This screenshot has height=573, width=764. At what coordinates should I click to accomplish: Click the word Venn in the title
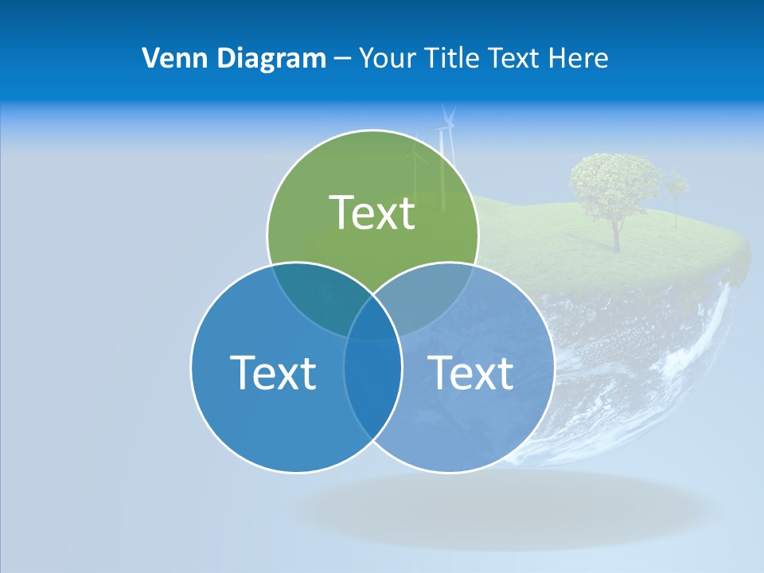click(x=168, y=58)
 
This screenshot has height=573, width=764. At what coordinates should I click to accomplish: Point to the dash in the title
click(x=342, y=59)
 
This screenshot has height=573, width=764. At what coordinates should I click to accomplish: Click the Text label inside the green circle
click(x=372, y=212)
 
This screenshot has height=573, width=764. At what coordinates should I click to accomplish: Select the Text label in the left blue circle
click(x=273, y=372)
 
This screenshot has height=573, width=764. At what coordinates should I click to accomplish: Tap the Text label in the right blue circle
click(x=470, y=372)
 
